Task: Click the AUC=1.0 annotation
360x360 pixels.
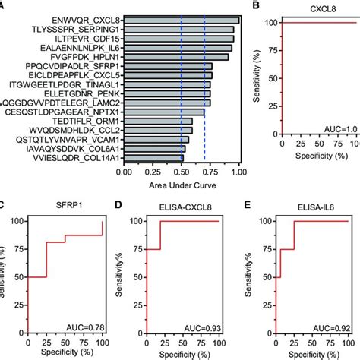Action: point(333,158)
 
